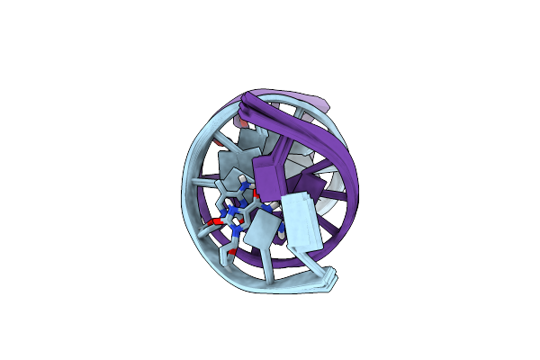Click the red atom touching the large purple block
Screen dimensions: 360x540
click(256, 192)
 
